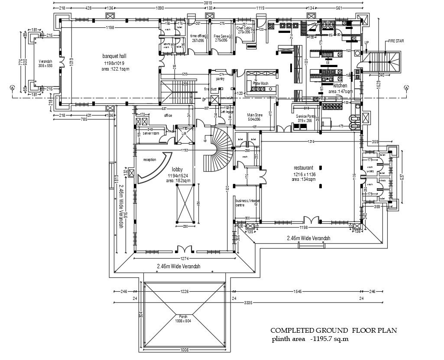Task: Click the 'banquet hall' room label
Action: pyautogui.click(x=114, y=56)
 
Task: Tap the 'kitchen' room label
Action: pyautogui.click(x=340, y=86)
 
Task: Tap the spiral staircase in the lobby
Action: pyautogui.click(x=217, y=149)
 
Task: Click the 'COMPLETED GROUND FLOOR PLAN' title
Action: pyautogui.click(x=334, y=330)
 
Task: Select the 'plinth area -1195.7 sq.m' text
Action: pyautogui.click(x=310, y=338)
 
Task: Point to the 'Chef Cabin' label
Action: pyautogui.click(x=244, y=29)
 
